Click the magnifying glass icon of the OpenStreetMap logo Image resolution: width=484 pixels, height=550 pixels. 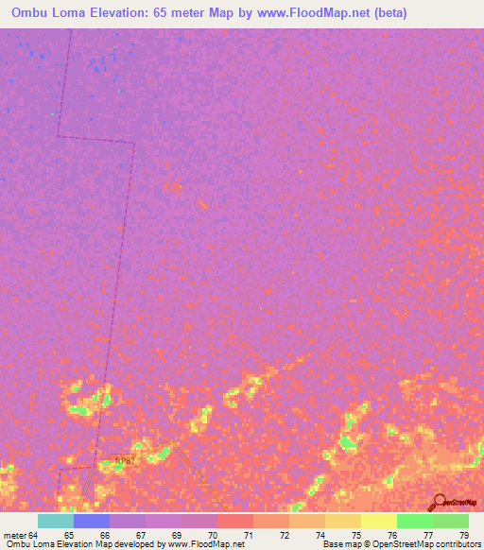(437, 502)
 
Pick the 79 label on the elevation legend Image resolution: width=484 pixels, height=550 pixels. (463, 535)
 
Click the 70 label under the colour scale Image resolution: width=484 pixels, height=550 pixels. (213, 535)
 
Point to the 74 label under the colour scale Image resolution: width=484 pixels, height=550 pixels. (320, 535)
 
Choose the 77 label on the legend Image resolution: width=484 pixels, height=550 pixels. (428, 535)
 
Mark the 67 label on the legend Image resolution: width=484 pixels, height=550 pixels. (141, 535)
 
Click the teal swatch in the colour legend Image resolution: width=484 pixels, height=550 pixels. (56, 521)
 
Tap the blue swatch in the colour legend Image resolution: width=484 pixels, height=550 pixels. (92, 521)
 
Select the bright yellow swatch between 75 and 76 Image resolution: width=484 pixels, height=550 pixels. (379, 521)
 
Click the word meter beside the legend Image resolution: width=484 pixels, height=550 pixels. (12, 535)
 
